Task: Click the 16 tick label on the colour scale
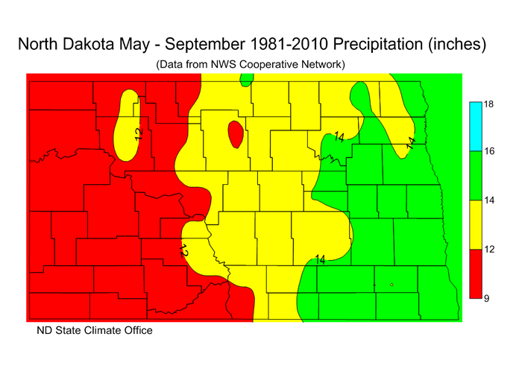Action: (x=490, y=151)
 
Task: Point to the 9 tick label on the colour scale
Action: (x=487, y=298)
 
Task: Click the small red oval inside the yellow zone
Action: (x=235, y=135)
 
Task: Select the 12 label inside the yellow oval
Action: (x=138, y=133)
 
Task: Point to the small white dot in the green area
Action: (x=391, y=285)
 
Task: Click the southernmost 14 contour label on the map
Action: (x=321, y=259)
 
